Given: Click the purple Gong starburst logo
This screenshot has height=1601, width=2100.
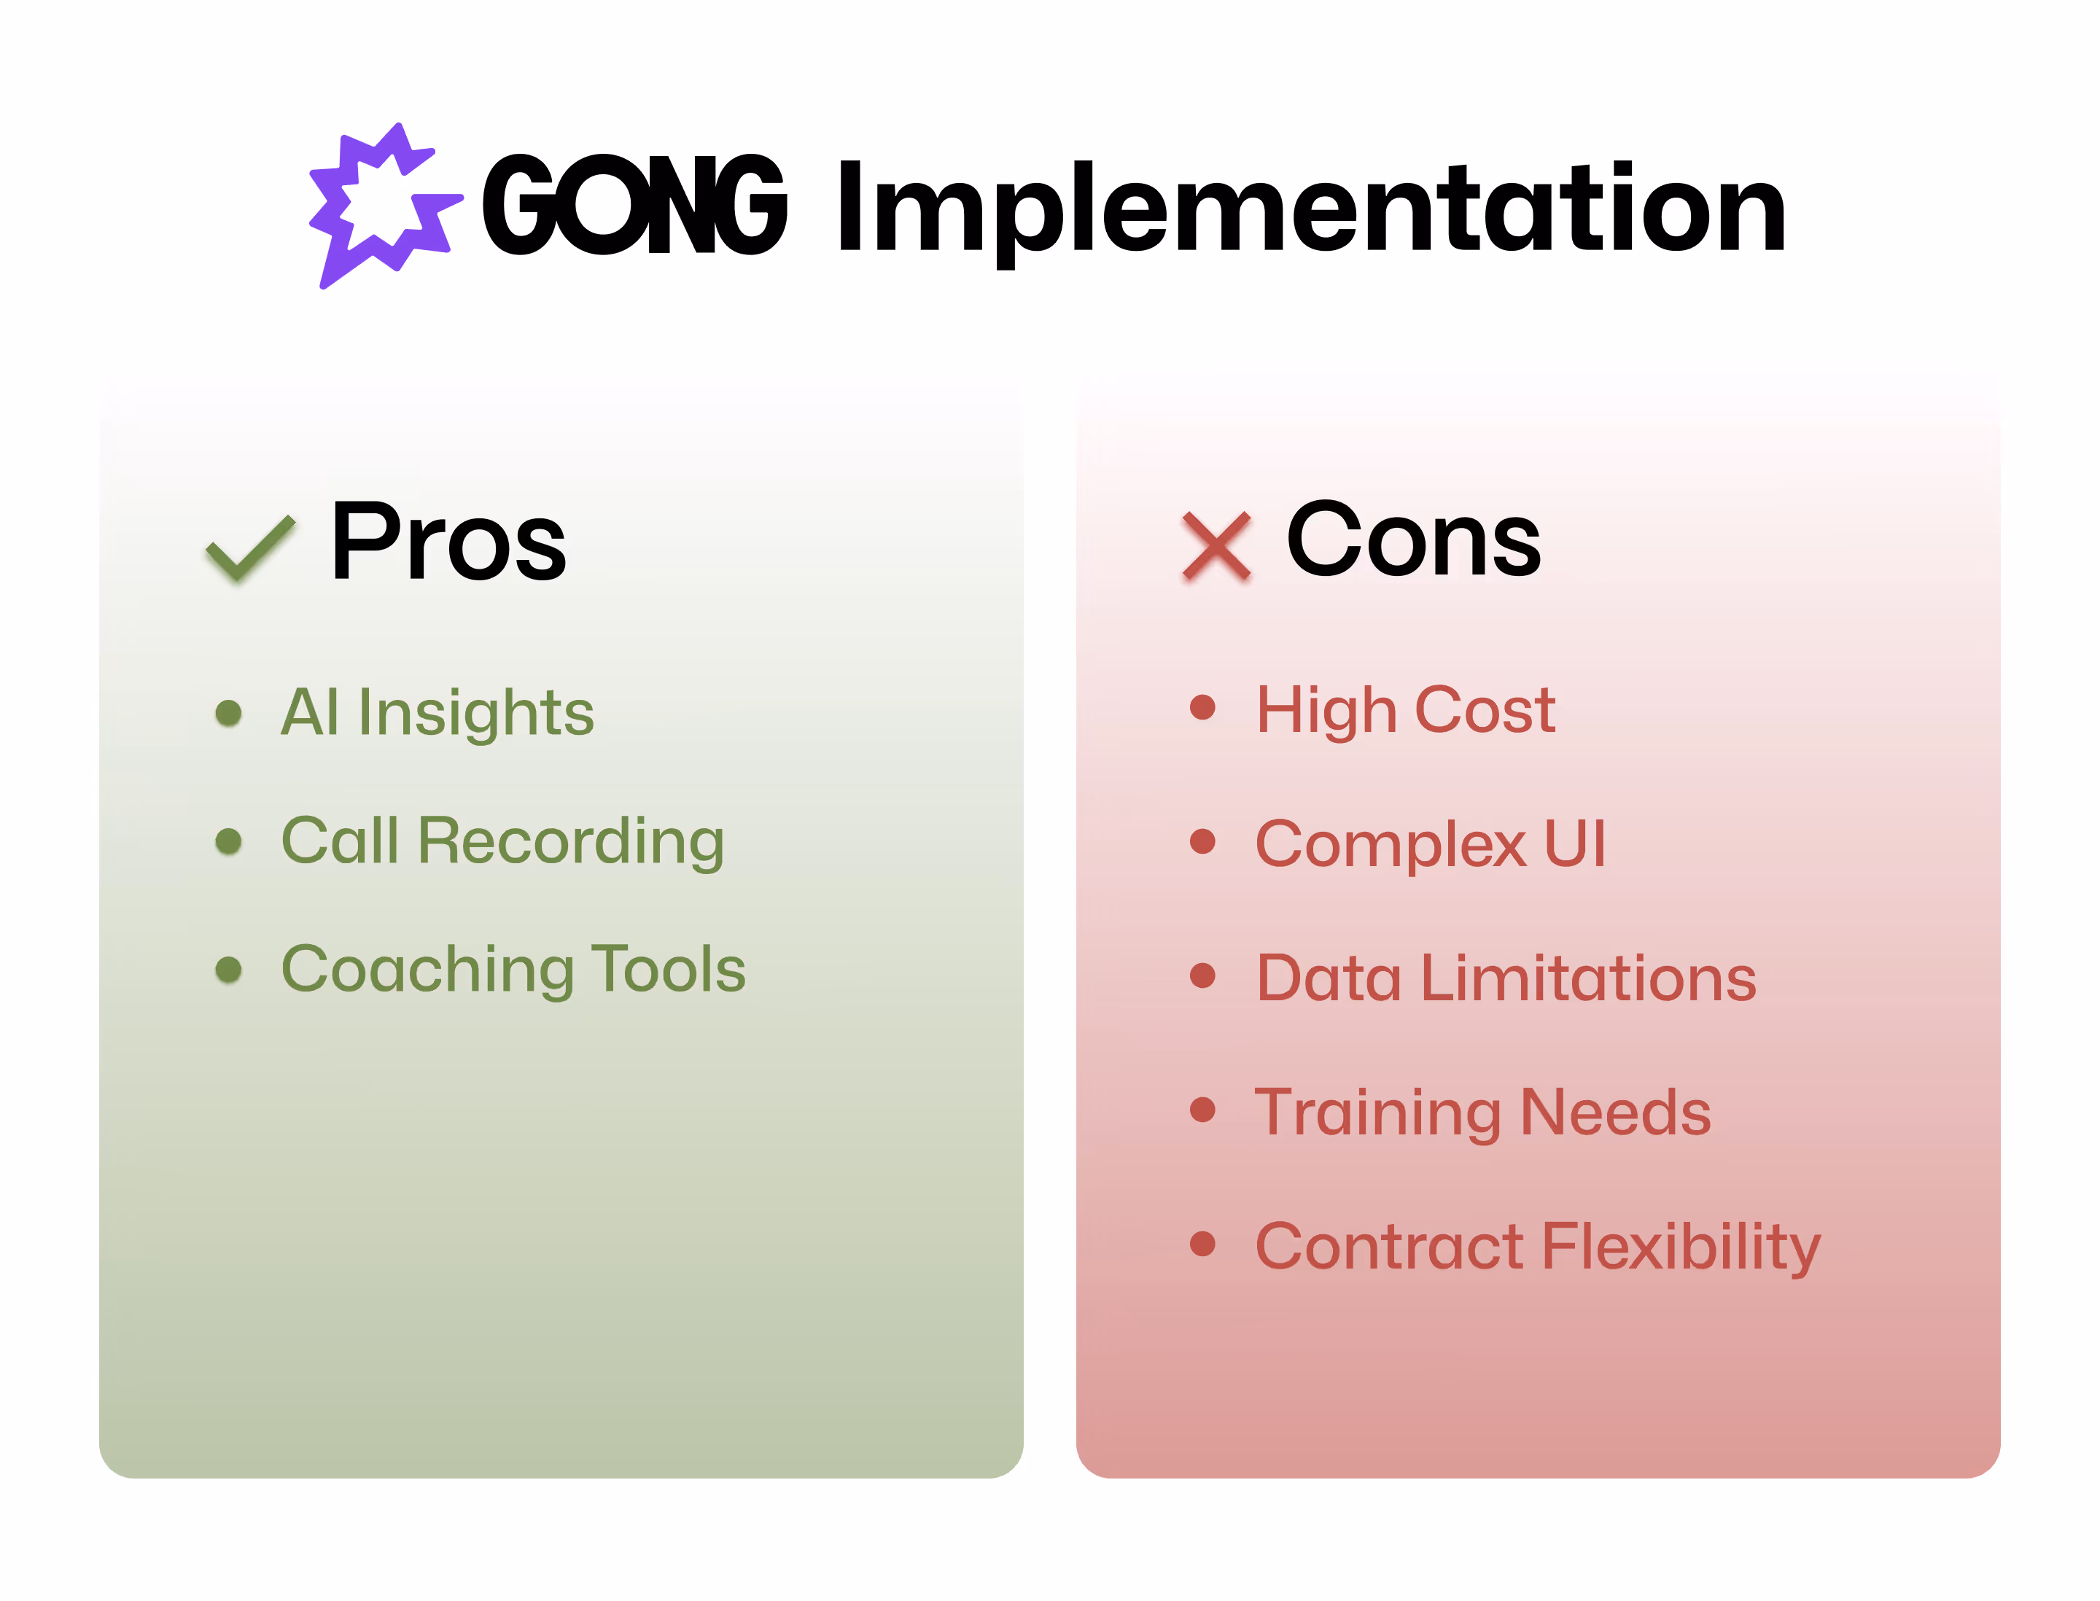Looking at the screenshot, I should click(384, 205).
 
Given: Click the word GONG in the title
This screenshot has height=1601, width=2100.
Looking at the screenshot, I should click(634, 206).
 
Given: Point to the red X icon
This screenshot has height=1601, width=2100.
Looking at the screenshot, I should click(1216, 545).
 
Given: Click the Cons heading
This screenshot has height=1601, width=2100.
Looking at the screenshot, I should click(1412, 539).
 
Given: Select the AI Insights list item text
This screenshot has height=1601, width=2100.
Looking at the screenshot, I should click(437, 713).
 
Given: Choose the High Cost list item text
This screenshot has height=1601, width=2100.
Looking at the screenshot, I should click(1405, 710).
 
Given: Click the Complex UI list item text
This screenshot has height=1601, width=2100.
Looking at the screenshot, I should click(1430, 844).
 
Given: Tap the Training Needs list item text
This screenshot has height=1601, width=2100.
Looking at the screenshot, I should click(1482, 1113).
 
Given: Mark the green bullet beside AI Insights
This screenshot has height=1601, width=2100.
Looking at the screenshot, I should click(229, 713).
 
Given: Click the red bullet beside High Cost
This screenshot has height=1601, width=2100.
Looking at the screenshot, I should click(1203, 707).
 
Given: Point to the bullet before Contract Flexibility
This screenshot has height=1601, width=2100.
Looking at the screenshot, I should click(1203, 1244).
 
